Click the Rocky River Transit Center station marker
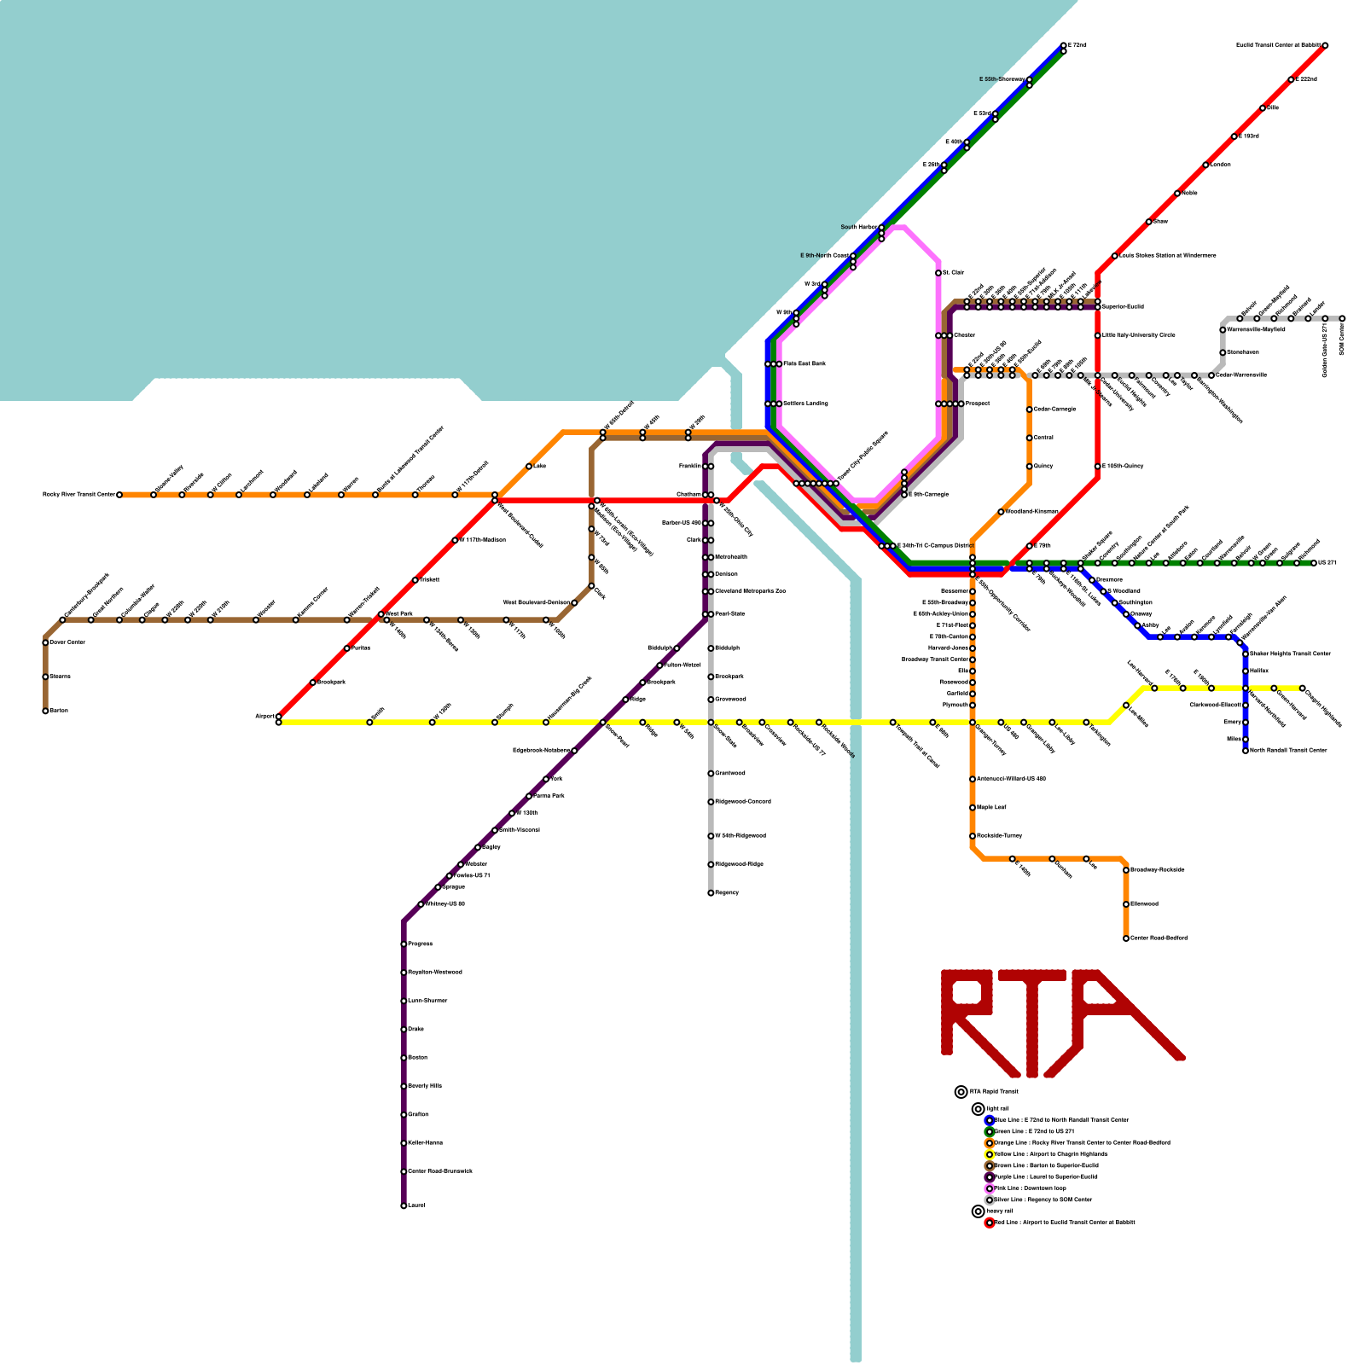pos(119,495)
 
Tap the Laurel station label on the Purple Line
pos(416,1205)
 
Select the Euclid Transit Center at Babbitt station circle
pos(1325,45)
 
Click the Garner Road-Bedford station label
pos(1159,938)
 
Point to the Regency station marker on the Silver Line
pos(711,893)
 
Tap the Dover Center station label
pos(67,642)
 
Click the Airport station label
pos(264,717)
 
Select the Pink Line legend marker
pos(990,1188)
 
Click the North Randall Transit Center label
pos(1288,751)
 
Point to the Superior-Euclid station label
pos(1123,306)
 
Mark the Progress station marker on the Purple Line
pos(404,944)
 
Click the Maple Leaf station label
pos(991,807)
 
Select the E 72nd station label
pos(1077,44)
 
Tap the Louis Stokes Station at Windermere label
pos(1167,255)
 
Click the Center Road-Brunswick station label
pos(440,1171)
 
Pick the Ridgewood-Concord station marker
pos(711,802)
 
